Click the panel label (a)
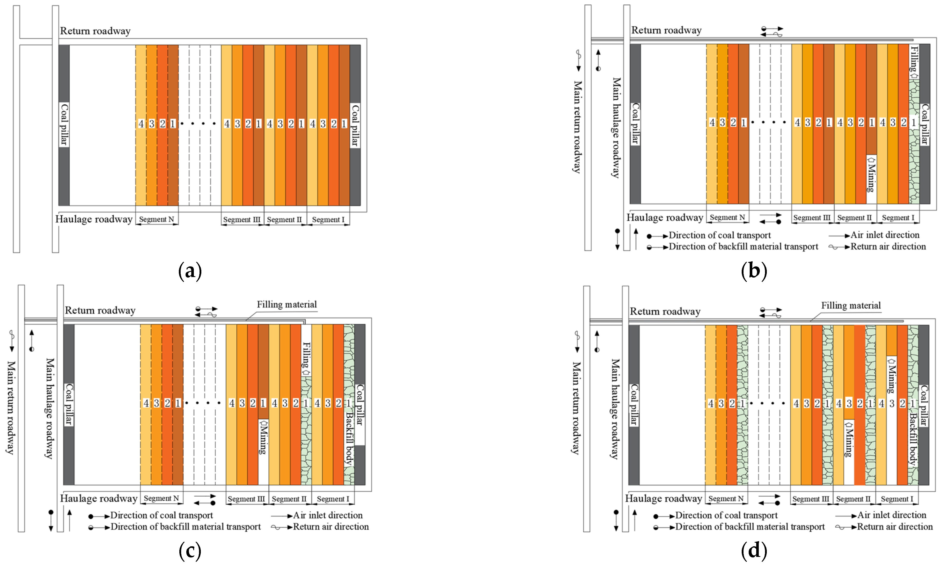(x=190, y=271)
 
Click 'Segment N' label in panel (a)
(x=157, y=219)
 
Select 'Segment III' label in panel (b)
(x=812, y=218)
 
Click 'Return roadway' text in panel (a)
(x=95, y=31)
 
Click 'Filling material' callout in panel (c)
(x=286, y=304)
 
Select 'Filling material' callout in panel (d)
(x=851, y=306)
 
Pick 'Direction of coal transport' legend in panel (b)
(x=719, y=235)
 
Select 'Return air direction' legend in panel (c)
(x=331, y=527)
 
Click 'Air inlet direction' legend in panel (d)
(x=892, y=515)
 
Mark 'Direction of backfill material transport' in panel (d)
(x=749, y=527)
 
